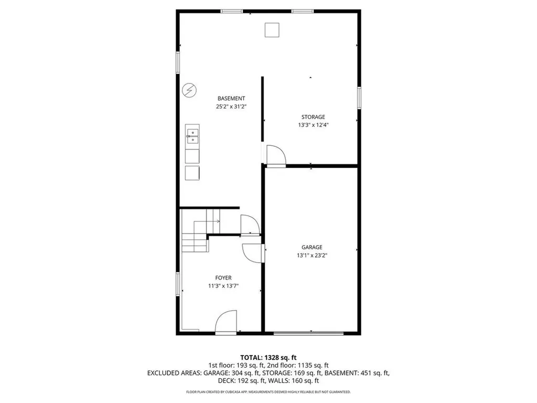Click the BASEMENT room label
tap(231, 98)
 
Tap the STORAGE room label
tap(313, 116)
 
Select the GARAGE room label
tap(312, 247)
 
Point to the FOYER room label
tap(223, 278)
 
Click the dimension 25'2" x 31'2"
tap(231, 106)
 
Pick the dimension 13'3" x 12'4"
tap(313, 125)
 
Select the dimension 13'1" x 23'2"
tap(312, 256)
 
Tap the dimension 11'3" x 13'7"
tap(223, 286)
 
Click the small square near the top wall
tap(271, 30)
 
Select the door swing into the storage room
tap(275, 156)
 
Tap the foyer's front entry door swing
tap(227, 321)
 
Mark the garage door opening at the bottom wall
tap(308, 333)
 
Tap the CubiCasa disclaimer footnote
tap(268, 392)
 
